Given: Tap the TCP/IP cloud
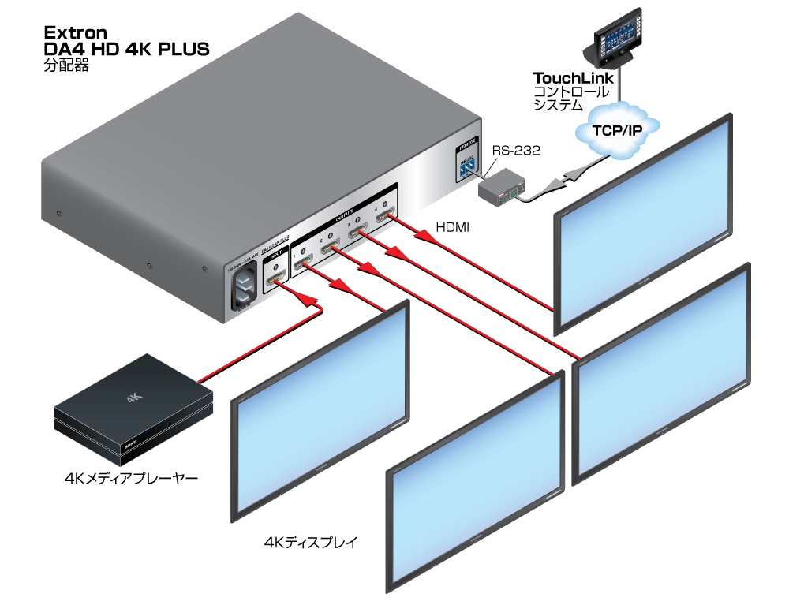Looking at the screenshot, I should point(616,128).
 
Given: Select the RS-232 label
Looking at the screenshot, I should point(516,150).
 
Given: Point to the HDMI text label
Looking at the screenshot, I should point(453,227).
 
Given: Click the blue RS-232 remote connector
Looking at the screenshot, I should point(466,167).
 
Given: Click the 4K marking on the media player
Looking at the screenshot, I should point(133,399).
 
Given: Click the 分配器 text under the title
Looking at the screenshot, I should point(66,66).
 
